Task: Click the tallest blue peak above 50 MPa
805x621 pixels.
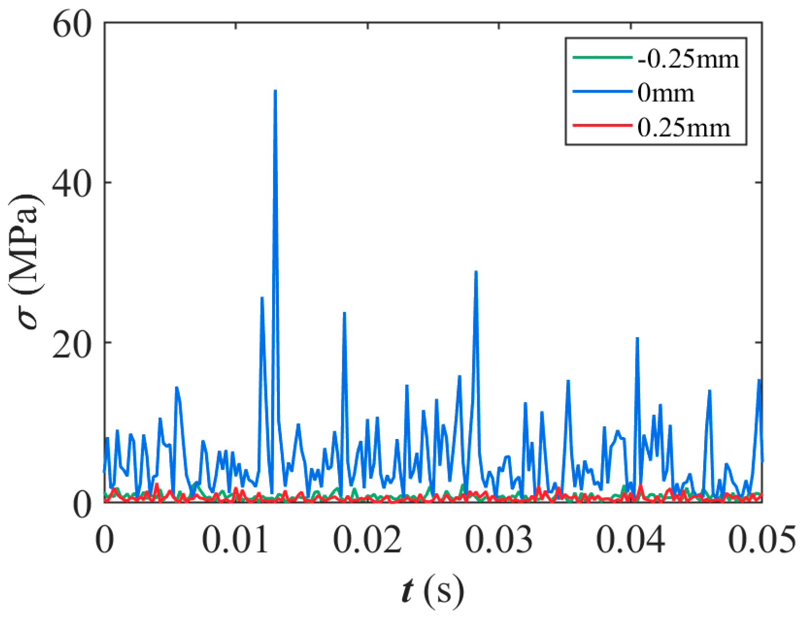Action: point(275,92)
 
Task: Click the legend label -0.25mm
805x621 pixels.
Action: point(688,59)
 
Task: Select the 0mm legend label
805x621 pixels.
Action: point(666,92)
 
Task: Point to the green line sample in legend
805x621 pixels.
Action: point(602,58)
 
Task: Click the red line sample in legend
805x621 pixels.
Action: point(602,126)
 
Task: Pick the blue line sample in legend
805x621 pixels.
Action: point(602,92)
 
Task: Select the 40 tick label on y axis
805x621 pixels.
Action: point(72,183)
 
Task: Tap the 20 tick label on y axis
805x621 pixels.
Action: point(72,342)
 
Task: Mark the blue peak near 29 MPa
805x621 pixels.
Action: point(476,272)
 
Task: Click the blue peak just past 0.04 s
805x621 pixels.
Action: point(637,339)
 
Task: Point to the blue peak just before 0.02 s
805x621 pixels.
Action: point(345,313)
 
